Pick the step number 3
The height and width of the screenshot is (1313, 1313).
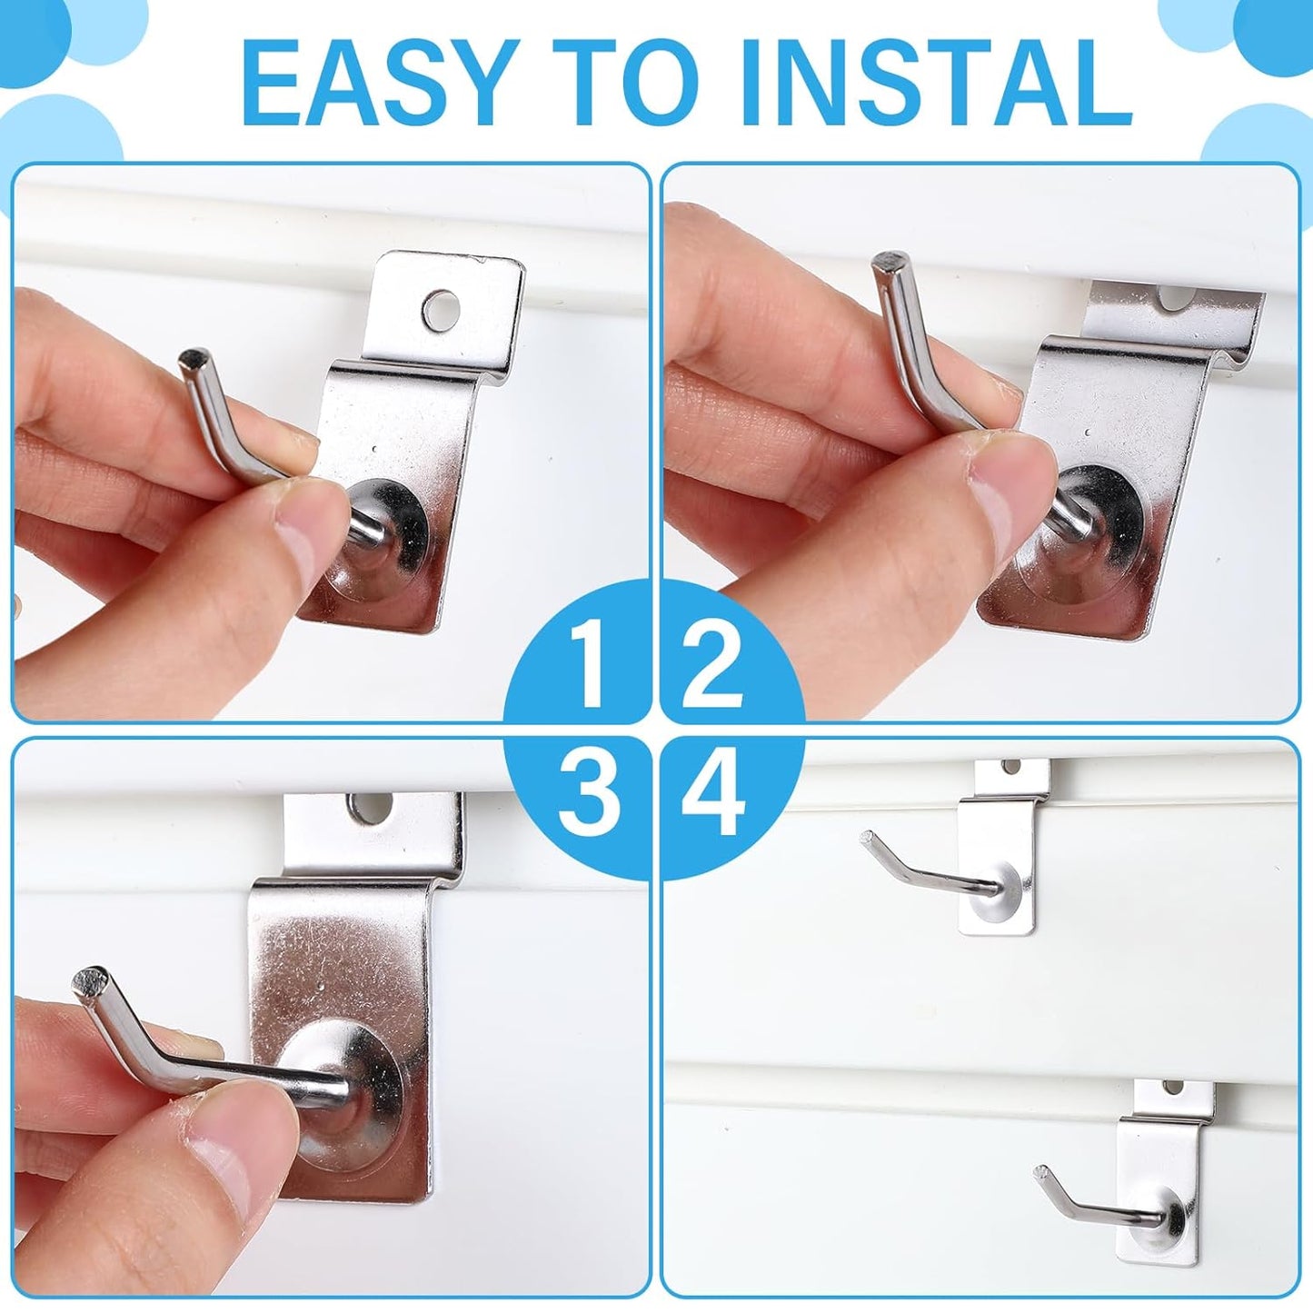[x=590, y=793]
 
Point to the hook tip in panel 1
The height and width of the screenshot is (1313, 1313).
[x=193, y=357]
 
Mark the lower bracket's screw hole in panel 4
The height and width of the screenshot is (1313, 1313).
[x=1173, y=1088]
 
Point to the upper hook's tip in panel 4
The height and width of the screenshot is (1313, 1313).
[x=867, y=837]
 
